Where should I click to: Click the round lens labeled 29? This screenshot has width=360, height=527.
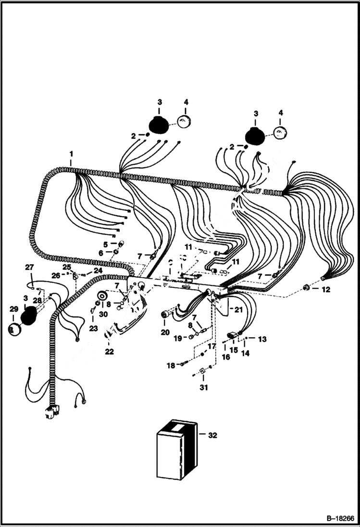pyautogui.click(x=13, y=329)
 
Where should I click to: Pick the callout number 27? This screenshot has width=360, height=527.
pyautogui.click(x=29, y=267)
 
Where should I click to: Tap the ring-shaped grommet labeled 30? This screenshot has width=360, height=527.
pyautogui.click(x=101, y=296)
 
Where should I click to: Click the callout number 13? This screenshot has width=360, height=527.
pyautogui.click(x=262, y=339)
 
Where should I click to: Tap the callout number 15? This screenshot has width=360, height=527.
pyautogui.click(x=234, y=350)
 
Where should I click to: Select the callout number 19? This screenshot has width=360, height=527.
pyautogui.click(x=177, y=338)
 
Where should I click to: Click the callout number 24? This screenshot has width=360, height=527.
pyautogui.click(x=98, y=270)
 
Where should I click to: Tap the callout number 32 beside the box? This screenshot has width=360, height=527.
pyautogui.click(x=212, y=435)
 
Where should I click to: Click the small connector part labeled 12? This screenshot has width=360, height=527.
pyautogui.click(x=306, y=288)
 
